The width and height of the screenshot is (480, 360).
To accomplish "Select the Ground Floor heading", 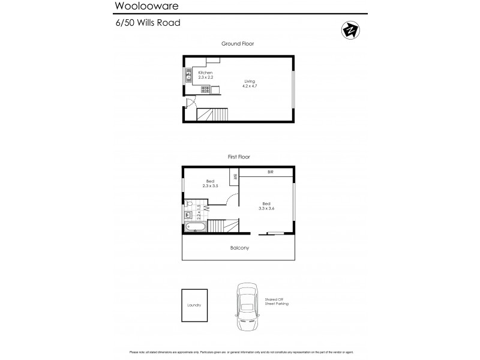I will pyautogui.click(x=239, y=44).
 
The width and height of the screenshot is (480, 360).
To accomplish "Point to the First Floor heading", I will pyautogui.click(x=239, y=157).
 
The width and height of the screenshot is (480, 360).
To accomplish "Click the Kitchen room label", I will pyautogui.click(x=205, y=73).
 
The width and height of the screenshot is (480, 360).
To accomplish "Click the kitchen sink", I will pyautogui.click(x=188, y=76).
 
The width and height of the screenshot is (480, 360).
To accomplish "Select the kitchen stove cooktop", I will pyautogui.click(x=205, y=90).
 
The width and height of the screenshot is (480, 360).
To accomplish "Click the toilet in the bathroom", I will pyautogui.click(x=188, y=204).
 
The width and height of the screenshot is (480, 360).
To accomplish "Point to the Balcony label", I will pyautogui.click(x=239, y=247).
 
